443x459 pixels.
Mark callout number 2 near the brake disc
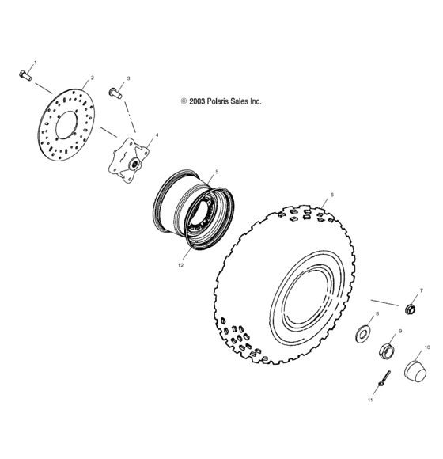pos(92,78)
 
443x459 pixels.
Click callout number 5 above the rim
pos(218,171)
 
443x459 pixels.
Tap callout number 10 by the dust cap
pos(427,347)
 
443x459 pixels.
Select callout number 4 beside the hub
pos(156,135)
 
